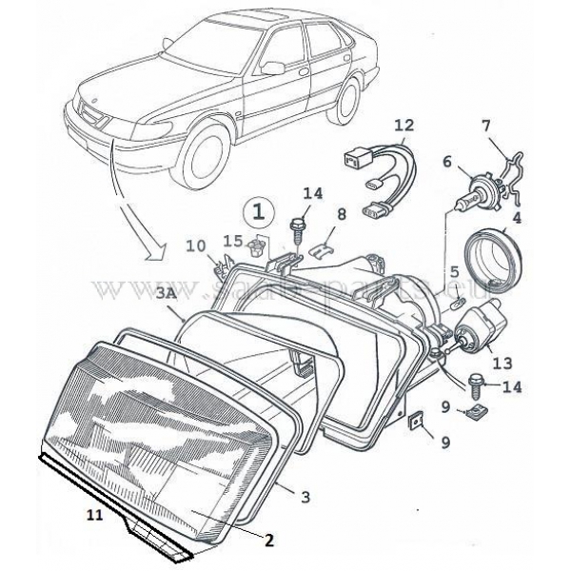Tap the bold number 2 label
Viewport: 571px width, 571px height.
(268, 542)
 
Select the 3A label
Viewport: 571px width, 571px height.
(166, 296)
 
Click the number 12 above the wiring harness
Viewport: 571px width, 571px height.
(404, 125)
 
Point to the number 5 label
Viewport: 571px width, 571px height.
(455, 272)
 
